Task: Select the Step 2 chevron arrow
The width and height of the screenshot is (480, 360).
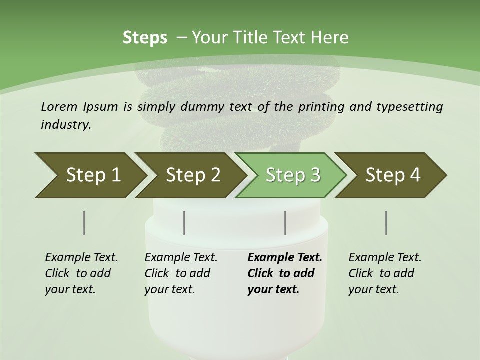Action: click(x=193, y=175)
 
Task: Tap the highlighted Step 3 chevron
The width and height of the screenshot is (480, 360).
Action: click(x=293, y=175)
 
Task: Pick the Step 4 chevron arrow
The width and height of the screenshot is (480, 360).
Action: click(x=393, y=175)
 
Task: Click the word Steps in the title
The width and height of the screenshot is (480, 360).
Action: click(x=145, y=37)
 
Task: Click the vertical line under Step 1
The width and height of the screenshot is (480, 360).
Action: click(x=84, y=223)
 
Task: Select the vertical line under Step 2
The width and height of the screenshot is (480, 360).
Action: click(x=184, y=223)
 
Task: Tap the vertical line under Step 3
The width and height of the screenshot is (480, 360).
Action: click(x=285, y=223)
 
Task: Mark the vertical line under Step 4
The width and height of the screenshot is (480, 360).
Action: click(x=386, y=223)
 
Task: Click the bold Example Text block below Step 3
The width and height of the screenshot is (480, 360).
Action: click(x=285, y=273)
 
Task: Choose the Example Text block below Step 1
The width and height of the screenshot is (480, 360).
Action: click(x=81, y=273)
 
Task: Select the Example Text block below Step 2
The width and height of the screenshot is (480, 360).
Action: click(x=181, y=273)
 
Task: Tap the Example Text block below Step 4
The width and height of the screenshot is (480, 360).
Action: click(x=385, y=273)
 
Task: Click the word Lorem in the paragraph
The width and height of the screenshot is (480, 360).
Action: click(x=59, y=106)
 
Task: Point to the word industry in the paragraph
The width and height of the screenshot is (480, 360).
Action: click(x=66, y=124)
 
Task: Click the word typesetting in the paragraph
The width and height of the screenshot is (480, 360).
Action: click(x=411, y=106)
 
